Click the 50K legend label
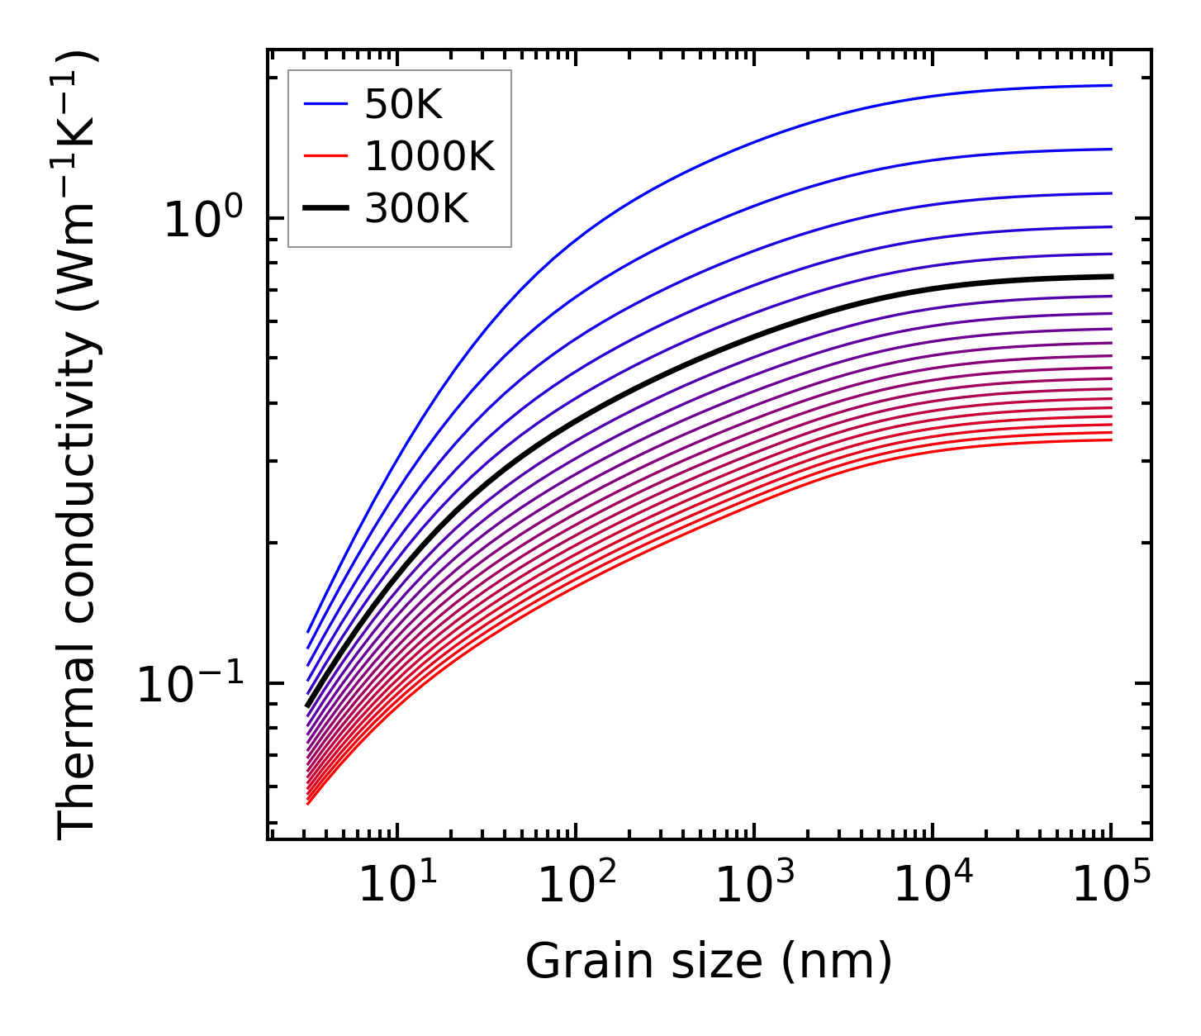click(403, 104)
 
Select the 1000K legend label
click(429, 157)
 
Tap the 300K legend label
click(415, 209)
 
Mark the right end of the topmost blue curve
click(1111, 85)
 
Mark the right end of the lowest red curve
click(1111, 440)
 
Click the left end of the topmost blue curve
click(308, 631)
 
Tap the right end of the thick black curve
click(1111, 276)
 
